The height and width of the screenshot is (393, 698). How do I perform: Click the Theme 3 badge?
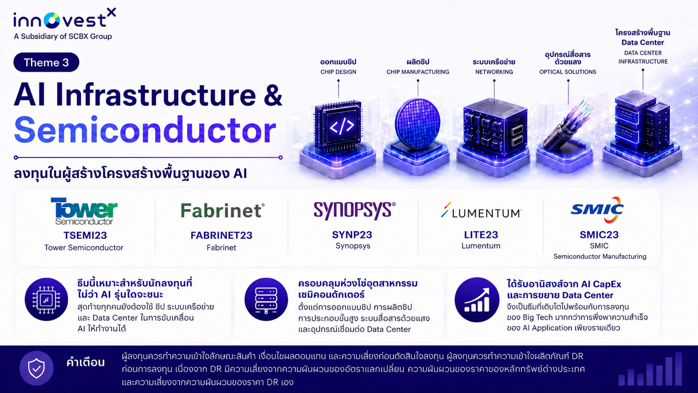(x=46, y=62)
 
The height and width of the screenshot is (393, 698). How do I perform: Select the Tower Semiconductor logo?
(x=84, y=211)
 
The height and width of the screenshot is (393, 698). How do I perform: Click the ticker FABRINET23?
(x=222, y=235)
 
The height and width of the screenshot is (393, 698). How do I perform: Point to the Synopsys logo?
(x=354, y=210)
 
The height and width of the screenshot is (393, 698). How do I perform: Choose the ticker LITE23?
(x=481, y=235)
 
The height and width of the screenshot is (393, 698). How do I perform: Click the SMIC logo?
(x=597, y=210)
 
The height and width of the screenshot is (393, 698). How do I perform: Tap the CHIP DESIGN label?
(x=338, y=72)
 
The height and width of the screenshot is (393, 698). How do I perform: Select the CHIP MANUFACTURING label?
(x=417, y=72)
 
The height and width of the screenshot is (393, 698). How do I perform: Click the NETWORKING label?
(x=494, y=72)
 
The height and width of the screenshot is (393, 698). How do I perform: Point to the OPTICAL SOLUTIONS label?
(x=567, y=72)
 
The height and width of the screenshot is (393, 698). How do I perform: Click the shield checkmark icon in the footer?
(x=36, y=368)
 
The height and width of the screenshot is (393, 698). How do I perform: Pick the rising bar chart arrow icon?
(x=477, y=299)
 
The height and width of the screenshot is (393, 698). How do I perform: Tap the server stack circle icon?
(x=266, y=299)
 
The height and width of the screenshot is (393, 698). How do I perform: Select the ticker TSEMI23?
(x=85, y=235)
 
